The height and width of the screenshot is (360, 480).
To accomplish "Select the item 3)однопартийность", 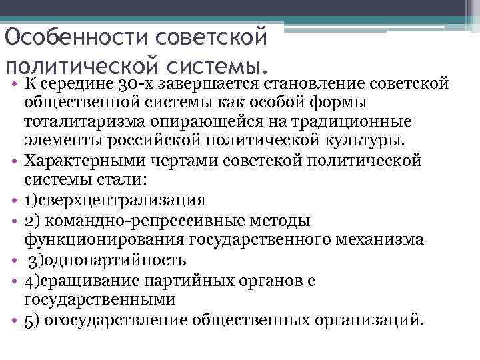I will (108, 259).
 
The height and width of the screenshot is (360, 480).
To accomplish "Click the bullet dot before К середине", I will (13, 85).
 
